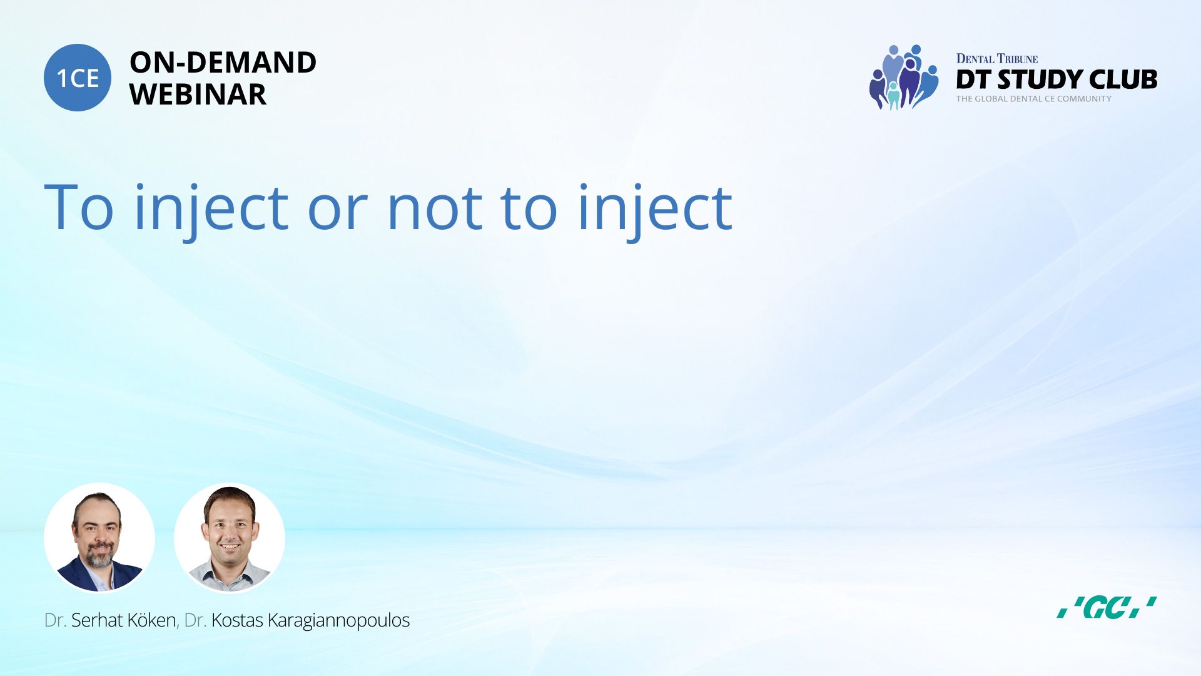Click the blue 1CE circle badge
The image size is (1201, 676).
tap(78, 78)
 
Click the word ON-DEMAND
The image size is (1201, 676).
tap(223, 63)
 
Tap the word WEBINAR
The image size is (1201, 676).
tap(198, 95)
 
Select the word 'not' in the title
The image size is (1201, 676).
tap(435, 208)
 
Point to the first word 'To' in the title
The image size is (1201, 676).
tap(79, 207)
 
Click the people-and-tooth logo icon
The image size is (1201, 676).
tap(903, 77)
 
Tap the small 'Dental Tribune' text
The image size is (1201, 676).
tap(996, 59)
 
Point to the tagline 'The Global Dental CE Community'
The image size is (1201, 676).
tap(1033, 99)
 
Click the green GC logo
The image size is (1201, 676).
tap(1107, 607)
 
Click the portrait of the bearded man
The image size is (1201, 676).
tap(99, 538)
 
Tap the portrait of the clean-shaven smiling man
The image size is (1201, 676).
tap(230, 538)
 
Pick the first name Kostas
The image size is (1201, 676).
tap(237, 620)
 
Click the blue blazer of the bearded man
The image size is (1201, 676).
tap(75, 575)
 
